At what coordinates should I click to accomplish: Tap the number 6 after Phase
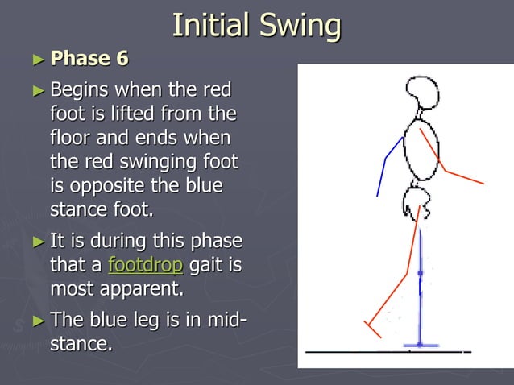pos(121,59)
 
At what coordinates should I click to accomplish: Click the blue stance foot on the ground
pos(420,344)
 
